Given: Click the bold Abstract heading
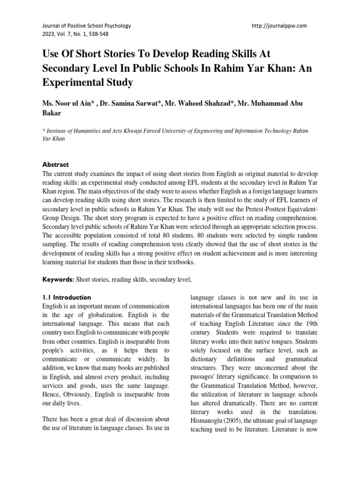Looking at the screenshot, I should [x=56, y=165].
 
